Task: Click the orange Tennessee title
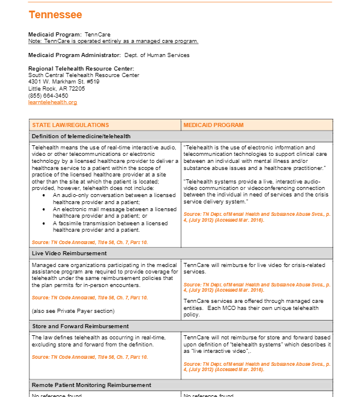(55, 15)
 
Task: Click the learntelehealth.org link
(52, 102)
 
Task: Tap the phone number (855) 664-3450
(48, 95)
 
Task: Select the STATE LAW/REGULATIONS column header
(71, 125)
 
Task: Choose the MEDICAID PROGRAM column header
(214, 125)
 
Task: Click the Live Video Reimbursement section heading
(69, 253)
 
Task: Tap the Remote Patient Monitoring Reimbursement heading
(91, 385)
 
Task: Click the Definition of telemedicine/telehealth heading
(81, 136)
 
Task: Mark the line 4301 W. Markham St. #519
(64, 82)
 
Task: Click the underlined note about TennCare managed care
(113, 41)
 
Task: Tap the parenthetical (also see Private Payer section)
(73, 311)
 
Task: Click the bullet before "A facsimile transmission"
(44, 223)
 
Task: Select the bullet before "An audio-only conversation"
(44, 194)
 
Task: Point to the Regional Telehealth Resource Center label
(81, 69)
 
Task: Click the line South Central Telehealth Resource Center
(84, 75)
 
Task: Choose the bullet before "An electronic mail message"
(44, 209)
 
